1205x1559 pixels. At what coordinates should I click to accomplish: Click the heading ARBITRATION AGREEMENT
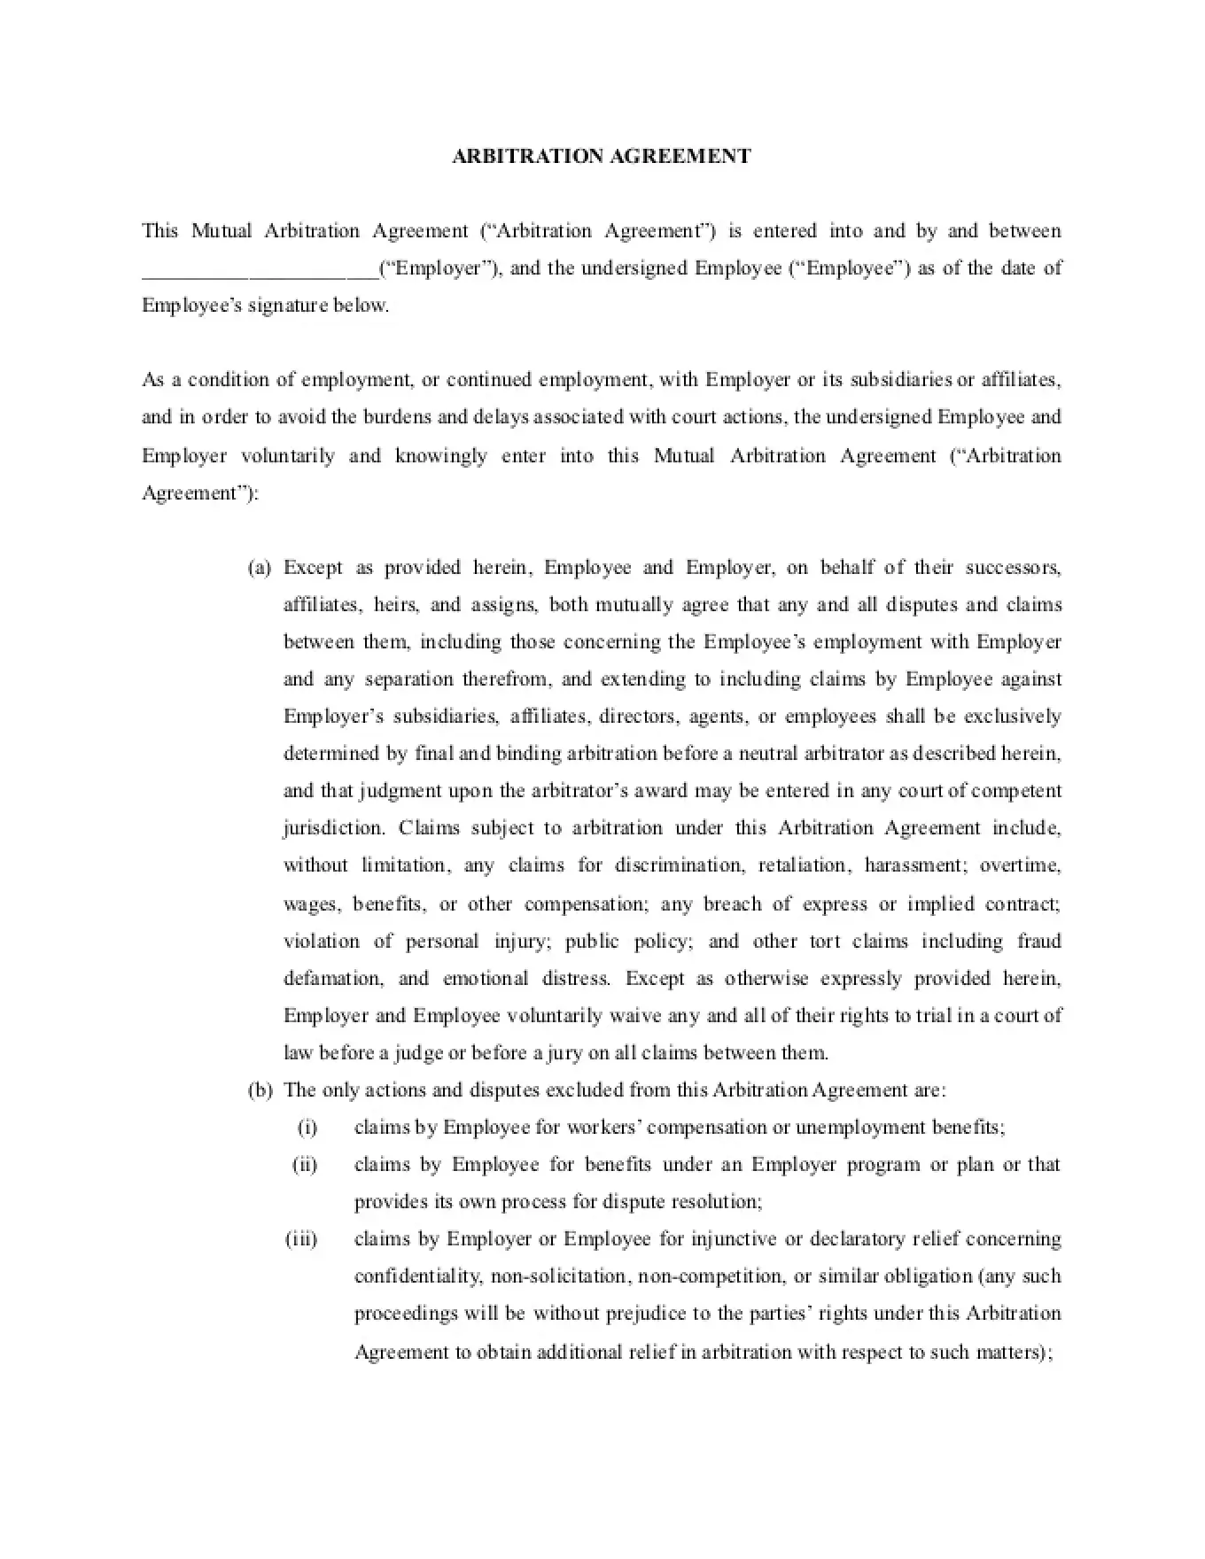[x=602, y=157]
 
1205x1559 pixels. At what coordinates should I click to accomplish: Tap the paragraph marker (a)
[x=259, y=568]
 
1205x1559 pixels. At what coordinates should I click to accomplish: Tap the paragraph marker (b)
[x=259, y=1090]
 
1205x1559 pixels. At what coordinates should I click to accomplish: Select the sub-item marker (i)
[x=307, y=1128]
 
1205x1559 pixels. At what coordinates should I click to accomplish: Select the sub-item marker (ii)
[x=305, y=1165]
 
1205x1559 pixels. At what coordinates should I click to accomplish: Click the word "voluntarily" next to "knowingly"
[x=288, y=456]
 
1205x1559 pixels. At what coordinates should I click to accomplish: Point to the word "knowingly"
[x=440, y=456]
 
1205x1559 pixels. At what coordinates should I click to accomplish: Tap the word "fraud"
[x=1038, y=942]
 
